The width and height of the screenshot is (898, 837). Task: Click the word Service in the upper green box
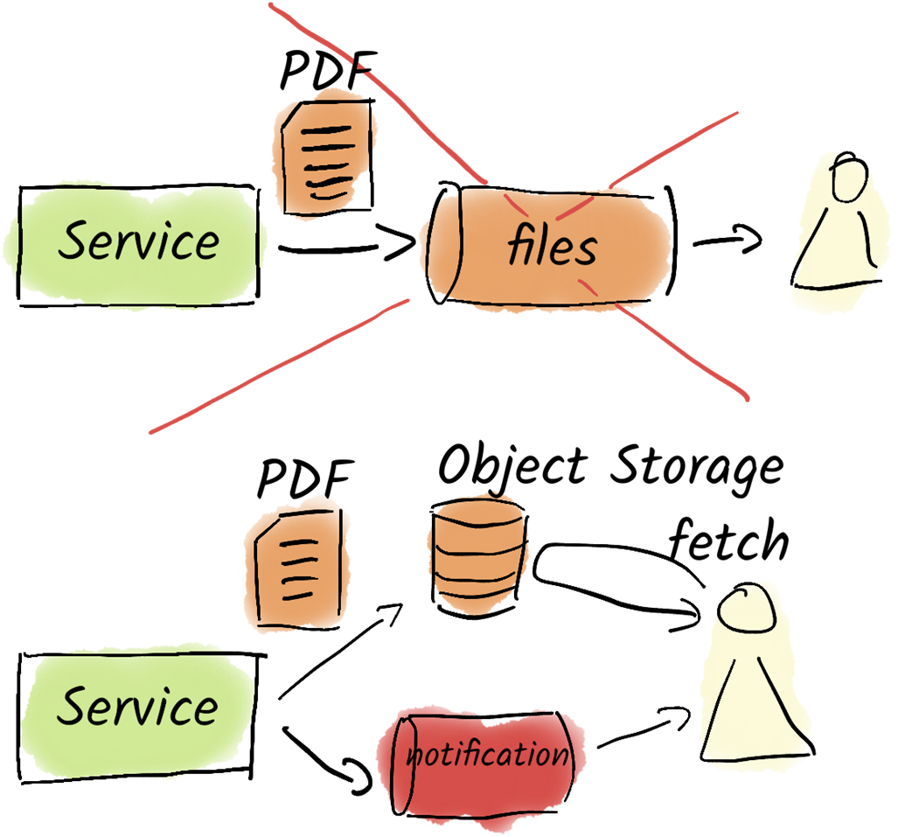[x=138, y=241]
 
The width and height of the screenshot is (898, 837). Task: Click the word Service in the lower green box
[x=138, y=706]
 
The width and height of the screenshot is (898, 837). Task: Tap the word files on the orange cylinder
[x=552, y=248]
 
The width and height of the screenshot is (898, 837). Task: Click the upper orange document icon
[x=324, y=152]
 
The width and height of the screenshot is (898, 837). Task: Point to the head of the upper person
[x=848, y=178]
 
